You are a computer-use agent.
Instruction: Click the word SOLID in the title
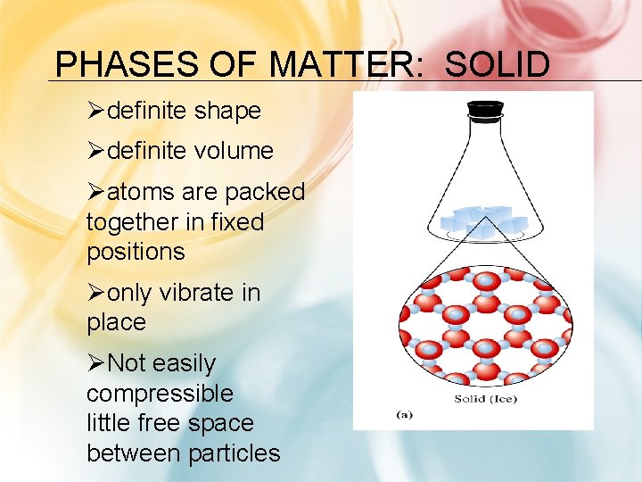coord(497,65)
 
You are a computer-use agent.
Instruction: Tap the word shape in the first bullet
coord(227,111)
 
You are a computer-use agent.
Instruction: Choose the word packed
coord(265,192)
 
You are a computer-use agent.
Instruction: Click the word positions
coord(136,251)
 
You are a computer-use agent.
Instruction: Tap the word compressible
coord(160,394)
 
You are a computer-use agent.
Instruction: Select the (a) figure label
coord(404,414)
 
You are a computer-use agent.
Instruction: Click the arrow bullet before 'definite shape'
coord(96,112)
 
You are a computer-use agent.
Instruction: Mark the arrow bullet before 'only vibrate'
coord(96,294)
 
